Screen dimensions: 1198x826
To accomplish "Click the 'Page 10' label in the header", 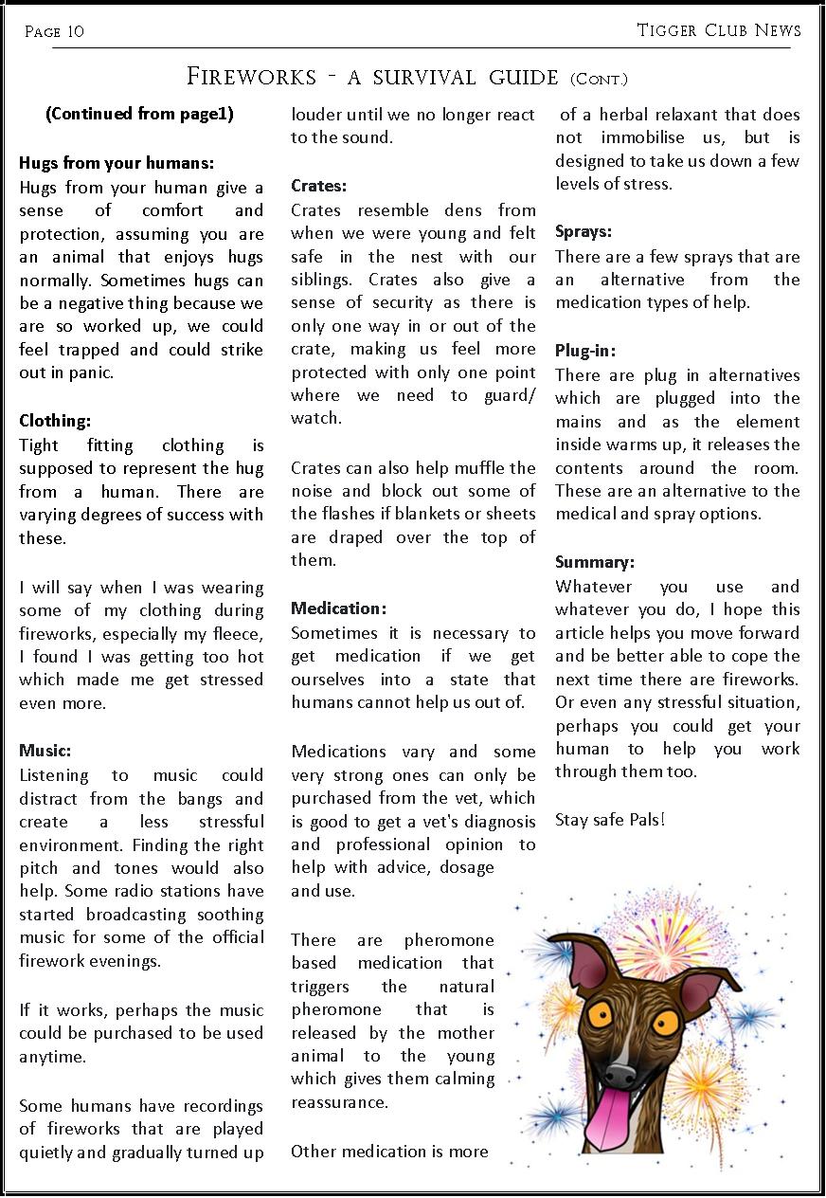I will point(54,32).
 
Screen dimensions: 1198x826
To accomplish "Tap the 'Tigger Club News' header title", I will point(719,30).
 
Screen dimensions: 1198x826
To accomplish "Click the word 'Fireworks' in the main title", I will point(251,76).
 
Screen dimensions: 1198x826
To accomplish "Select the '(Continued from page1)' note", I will point(139,114).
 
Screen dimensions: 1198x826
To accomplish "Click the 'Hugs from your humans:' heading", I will point(117,163).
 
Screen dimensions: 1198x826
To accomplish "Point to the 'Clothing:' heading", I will point(55,421).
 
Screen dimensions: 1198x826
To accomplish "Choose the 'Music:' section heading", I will point(45,751).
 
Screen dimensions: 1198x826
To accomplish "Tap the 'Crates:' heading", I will point(319,186).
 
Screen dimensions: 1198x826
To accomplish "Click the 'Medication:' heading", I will point(338,608).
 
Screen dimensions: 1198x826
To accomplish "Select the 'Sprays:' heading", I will point(584,231).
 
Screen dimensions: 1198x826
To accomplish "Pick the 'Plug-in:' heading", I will point(585,351).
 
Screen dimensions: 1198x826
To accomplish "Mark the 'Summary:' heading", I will point(595,562).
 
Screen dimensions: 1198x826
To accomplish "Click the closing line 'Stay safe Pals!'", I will point(610,819).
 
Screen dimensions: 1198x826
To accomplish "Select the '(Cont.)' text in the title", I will point(599,80).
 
